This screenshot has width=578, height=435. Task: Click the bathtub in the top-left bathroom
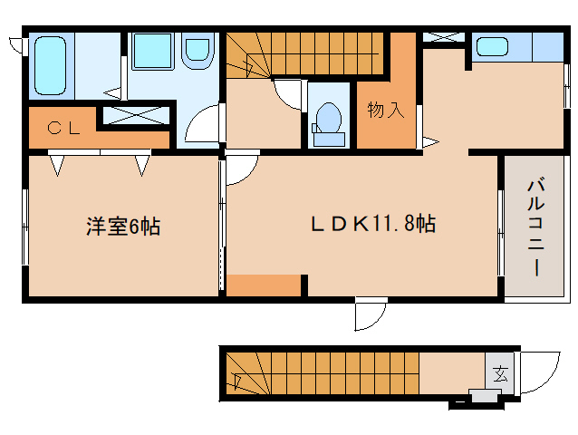point(50,65)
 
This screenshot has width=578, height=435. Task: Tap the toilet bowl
point(328,119)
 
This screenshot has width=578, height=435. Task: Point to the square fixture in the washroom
point(148,50)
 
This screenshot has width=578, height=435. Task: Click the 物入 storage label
point(385,111)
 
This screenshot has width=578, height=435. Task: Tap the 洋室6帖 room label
point(122,227)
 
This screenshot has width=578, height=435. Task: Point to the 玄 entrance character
point(499,372)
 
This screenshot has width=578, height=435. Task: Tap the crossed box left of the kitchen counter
point(444,38)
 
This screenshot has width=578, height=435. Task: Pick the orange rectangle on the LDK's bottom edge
point(263,285)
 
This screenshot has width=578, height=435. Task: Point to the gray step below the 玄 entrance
point(485,395)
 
